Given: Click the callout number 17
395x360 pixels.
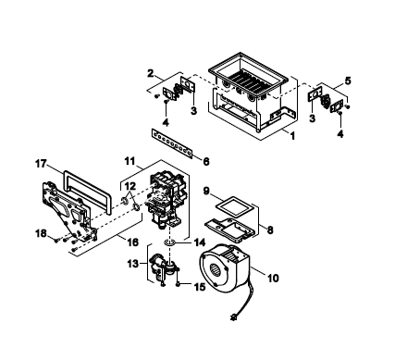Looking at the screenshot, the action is click(x=41, y=164).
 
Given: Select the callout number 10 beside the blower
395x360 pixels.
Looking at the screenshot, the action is click(x=273, y=278).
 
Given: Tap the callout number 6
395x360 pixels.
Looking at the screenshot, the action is click(x=206, y=161).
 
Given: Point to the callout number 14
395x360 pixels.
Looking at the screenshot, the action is click(x=199, y=242).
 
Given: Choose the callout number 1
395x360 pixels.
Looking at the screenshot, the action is click(x=292, y=135).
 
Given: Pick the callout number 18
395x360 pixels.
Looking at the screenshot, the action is click(x=41, y=233).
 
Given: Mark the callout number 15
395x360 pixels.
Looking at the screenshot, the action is click(x=200, y=287).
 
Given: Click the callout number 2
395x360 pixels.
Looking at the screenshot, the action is click(x=151, y=73).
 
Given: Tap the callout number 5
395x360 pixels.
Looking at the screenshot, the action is click(x=348, y=81).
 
